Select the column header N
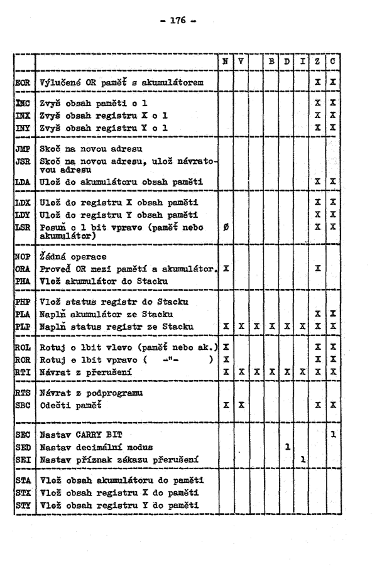click(x=225, y=62)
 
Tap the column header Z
click(x=318, y=62)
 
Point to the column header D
click(x=287, y=62)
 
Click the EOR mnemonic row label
click(x=23, y=82)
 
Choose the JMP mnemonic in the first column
click(x=23, y=149)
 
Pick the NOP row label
click(x=23, y=257)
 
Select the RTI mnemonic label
click(x=23, y=372)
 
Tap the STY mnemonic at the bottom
click(x=23, y=505)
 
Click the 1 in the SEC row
click(x=332, y=433)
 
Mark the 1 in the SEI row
click(x=302, y=458)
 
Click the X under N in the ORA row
click(x=225, y=268)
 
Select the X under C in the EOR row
click(x=332, y=82)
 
